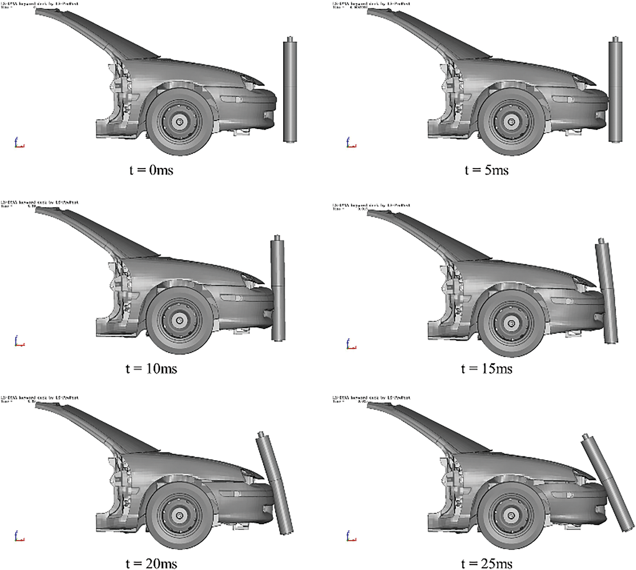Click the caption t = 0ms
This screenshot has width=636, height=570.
coord(151,170)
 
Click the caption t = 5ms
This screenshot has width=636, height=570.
coord(487,170)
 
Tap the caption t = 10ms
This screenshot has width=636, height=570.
coord(151,369)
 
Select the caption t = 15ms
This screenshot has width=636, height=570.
coord(487,369)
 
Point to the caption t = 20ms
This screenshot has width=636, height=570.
coord(151,563)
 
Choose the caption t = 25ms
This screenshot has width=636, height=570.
coord(487,563)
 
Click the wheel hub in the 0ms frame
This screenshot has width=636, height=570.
coord(179,121)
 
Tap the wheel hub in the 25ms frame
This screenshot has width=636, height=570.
coord(511,515)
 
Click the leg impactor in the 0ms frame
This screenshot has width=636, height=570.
coord(290,91)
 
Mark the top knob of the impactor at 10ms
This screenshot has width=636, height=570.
coord(278,238)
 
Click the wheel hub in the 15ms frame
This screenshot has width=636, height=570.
coord(511,323)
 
